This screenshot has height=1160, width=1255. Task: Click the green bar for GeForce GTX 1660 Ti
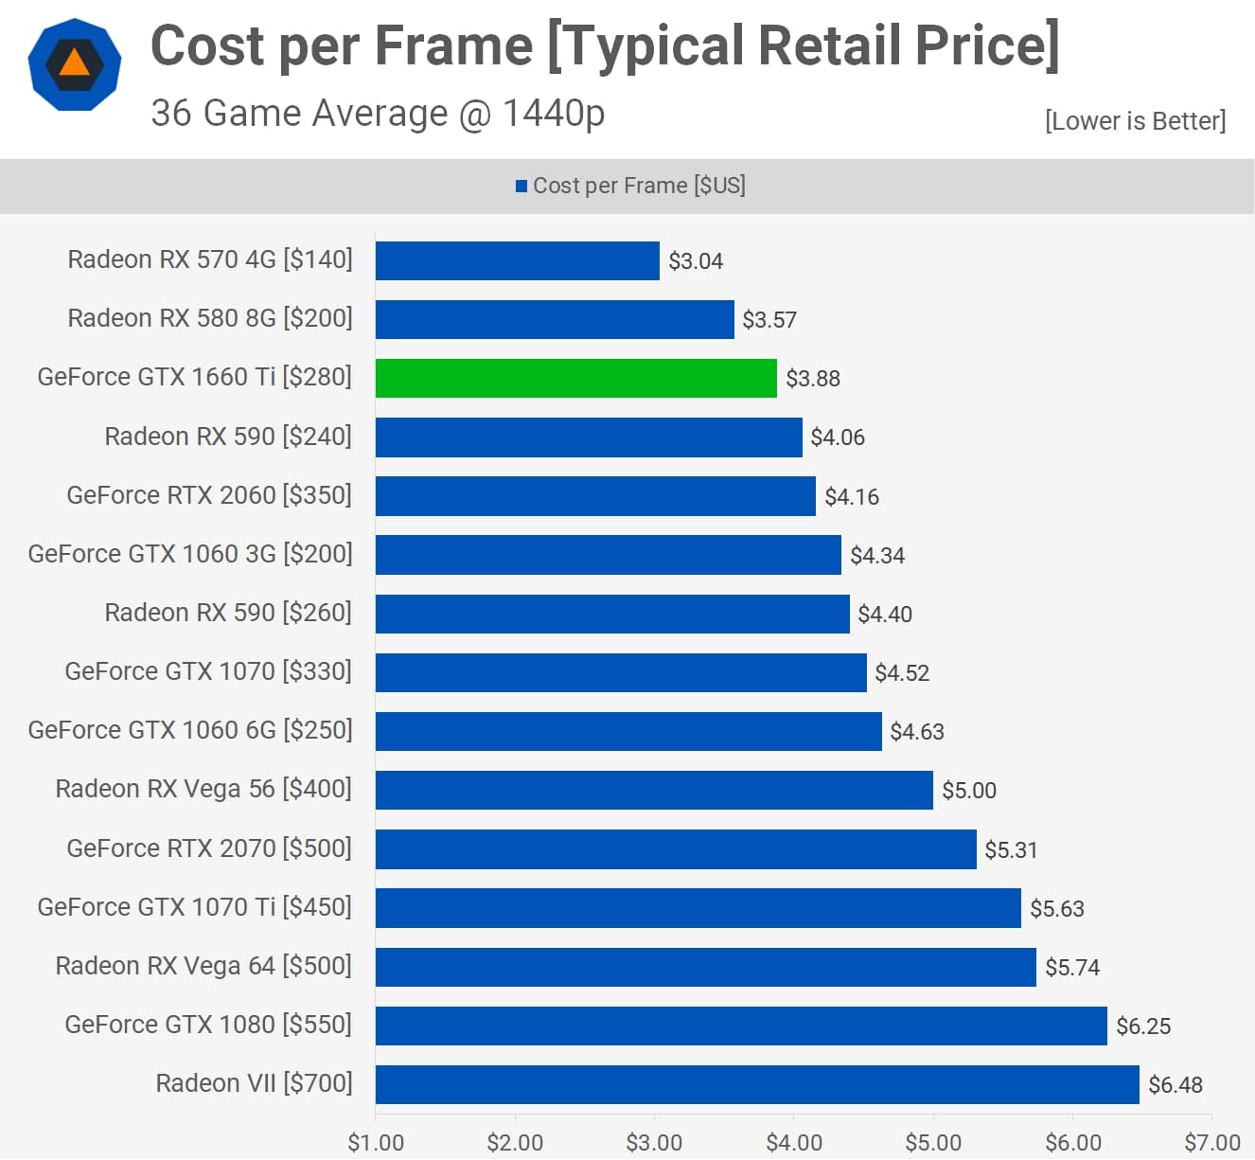coord(575,378)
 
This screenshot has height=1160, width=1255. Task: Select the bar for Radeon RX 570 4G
coord(517,260)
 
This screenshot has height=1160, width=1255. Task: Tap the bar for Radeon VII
coord(757,1084)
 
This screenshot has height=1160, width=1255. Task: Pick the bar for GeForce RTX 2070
coord(676,849)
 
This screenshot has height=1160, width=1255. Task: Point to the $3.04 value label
coord(696,261)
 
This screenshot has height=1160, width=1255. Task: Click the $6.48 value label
coord(1175,1085)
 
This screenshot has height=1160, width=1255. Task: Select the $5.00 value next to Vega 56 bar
coord(969,791)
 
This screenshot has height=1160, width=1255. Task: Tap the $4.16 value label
coord(852,497)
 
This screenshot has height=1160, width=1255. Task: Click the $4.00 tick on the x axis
coord(794,1143)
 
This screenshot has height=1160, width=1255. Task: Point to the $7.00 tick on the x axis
coord(1212,1143)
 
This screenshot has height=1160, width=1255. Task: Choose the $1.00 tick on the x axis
coord(376,1143)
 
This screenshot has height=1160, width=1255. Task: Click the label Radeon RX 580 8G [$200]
coord(210,318)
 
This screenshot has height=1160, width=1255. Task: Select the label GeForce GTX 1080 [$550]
coord(208,1025)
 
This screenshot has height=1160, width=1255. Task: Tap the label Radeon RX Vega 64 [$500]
coord(203,966)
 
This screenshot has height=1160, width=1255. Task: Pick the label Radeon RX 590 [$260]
coord(228,613)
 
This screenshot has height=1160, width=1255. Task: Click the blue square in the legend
coord(521,186)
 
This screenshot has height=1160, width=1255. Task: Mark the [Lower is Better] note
coord(1135,121)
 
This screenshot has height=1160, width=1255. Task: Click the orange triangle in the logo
coord(75,63)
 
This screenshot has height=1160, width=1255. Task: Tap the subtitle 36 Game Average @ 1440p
coord(378,113)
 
